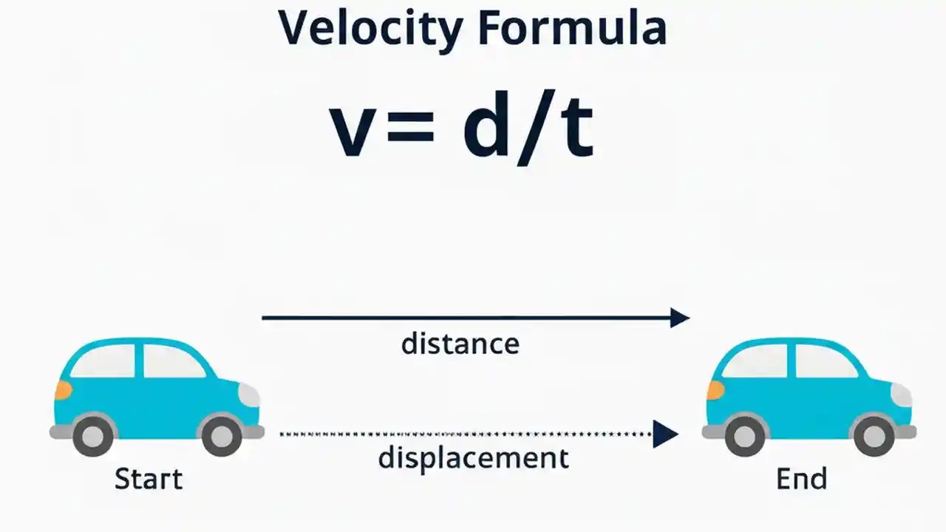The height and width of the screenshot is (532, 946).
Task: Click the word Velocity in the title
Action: pos(370,28)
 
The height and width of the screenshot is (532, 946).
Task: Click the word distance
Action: pos(460,344)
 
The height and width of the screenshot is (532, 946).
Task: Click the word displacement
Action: pos(473,458)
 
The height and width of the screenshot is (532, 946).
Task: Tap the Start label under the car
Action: pos(148,480)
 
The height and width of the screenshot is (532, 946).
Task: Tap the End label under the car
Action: pos(801,480)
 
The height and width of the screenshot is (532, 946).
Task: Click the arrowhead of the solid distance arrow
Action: pos(679,318)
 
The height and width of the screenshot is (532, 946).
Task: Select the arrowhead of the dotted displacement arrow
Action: pos(666,434)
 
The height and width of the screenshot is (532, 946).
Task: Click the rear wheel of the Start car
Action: pos(94,436)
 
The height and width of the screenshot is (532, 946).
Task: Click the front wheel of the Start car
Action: pos(222,436)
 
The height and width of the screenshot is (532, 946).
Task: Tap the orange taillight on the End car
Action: pos(715,390)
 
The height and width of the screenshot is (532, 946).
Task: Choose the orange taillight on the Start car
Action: pos(64,390)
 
